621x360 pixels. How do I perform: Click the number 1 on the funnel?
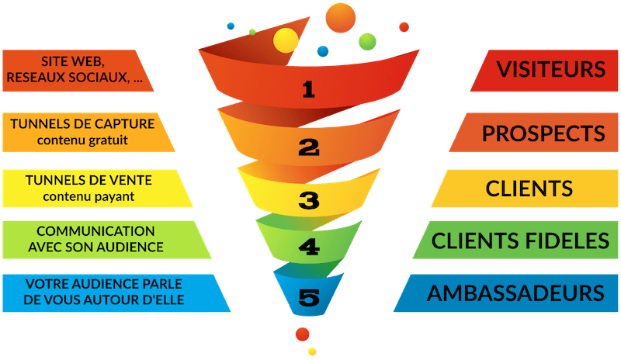point(309,90)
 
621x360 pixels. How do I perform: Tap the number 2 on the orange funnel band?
point(309,146)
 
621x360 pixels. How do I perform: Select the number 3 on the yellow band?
point(309,202)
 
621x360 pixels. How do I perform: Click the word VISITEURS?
point(551,69)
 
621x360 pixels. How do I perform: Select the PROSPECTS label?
point(543,133)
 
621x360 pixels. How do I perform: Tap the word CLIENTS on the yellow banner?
point(529,188)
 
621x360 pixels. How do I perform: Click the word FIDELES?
point(568,241)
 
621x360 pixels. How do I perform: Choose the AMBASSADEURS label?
point(515,293)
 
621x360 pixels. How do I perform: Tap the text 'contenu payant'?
point(89,196)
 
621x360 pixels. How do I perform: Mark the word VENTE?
point(130,180)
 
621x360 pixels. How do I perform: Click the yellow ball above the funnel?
point(286,40)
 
